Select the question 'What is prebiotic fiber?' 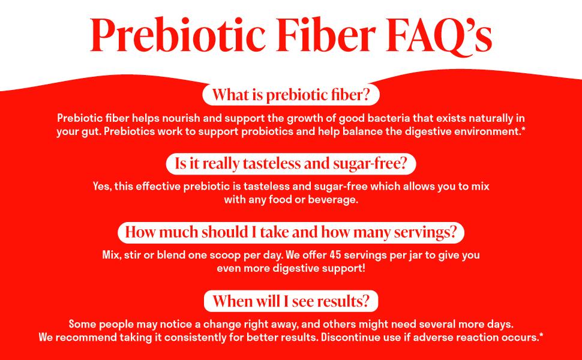coord(291,95)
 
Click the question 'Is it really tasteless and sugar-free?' coord(291,164)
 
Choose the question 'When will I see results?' coord(291,301)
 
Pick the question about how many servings coord(291,232)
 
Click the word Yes coord(102,187)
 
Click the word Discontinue coord(347,338)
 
